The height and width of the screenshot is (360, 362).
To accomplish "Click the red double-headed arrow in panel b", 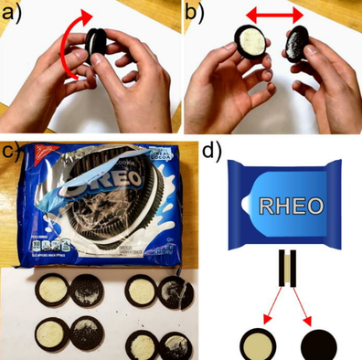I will [271, 17].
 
